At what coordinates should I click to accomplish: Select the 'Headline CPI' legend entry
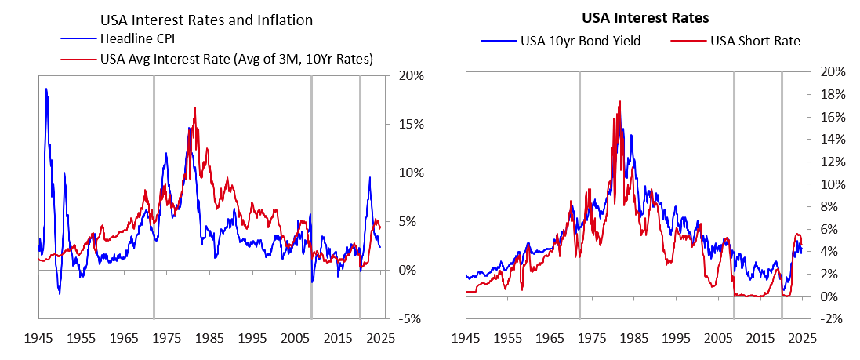(135, 39)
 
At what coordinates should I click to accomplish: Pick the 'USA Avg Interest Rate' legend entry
(235, 58)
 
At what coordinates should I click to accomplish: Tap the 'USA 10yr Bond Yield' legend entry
(580, 41)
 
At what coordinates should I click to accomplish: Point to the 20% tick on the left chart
(412, 76)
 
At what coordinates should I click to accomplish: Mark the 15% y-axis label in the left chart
(412, 125)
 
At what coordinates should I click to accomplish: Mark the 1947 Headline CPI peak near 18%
(46, 89)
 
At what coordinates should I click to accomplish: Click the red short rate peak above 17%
(620, 101)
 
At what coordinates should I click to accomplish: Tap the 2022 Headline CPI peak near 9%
(369, 177)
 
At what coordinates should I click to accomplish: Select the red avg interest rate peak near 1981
(194, 107)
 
